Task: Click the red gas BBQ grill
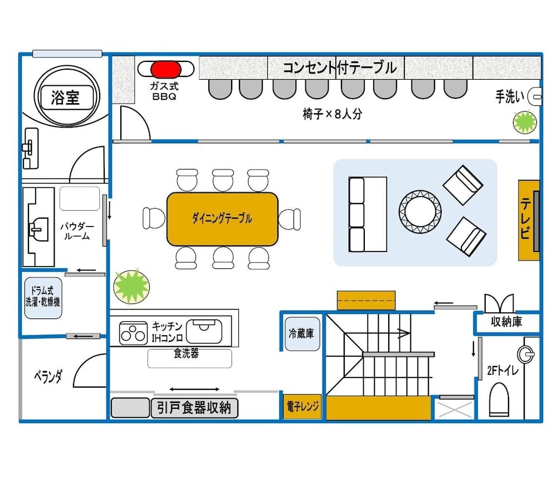[166, 69]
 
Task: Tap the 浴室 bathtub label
[65, 98]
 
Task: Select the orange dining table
[222, 219]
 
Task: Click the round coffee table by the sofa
[420, 211]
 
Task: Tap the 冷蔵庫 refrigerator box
[301, 334]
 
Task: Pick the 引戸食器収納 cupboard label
[194, 408]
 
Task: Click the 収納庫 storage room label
[506, 322]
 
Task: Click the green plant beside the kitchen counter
[131, 286]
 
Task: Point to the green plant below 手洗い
[524, 122]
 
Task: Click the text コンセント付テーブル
[339, 67]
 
